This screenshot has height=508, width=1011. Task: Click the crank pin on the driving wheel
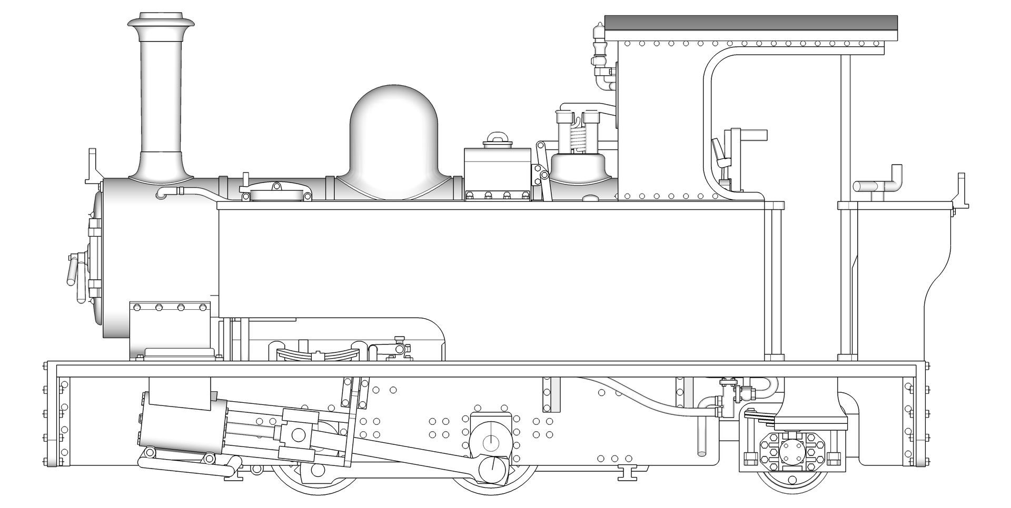(x=493, y=466)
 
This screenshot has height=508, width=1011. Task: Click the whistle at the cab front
(x=599, y=47)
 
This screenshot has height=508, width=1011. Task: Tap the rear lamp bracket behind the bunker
(x=962, y=192)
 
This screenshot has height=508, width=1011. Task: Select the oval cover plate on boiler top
(x=276, y=194)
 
